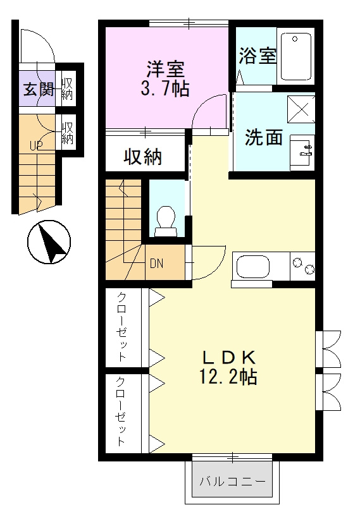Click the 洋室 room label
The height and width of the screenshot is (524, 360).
click(x=166, y=67)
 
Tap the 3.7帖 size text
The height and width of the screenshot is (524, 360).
click(x=165, y=88)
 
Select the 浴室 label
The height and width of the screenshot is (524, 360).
click(x=258, y=56)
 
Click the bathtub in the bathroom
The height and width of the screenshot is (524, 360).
click(x=296, y=57)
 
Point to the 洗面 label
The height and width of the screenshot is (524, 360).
click(x=263, y=137)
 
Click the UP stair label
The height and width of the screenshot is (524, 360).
click(x=36, y=145)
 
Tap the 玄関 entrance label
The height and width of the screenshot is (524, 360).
click(x=39, y=89)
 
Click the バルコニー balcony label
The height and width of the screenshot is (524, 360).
click(x=232, y=482)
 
